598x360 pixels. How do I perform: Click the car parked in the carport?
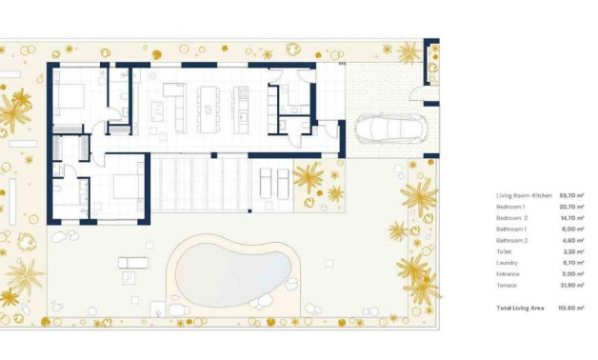point(387,130)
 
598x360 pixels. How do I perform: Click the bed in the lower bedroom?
point(126,187)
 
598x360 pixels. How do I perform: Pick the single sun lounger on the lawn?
point(132,262)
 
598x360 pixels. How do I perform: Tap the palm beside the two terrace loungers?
point(308,176)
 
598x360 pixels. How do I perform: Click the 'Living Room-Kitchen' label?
point(522,195)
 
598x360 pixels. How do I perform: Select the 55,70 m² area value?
point(571,195)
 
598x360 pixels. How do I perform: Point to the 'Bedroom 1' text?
point(510,207)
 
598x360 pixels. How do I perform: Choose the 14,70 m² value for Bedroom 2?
point(571,218)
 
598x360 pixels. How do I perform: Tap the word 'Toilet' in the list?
point(505,251)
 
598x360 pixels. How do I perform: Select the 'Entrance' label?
point(508,274)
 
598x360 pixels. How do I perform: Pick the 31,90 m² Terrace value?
point(571,286)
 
